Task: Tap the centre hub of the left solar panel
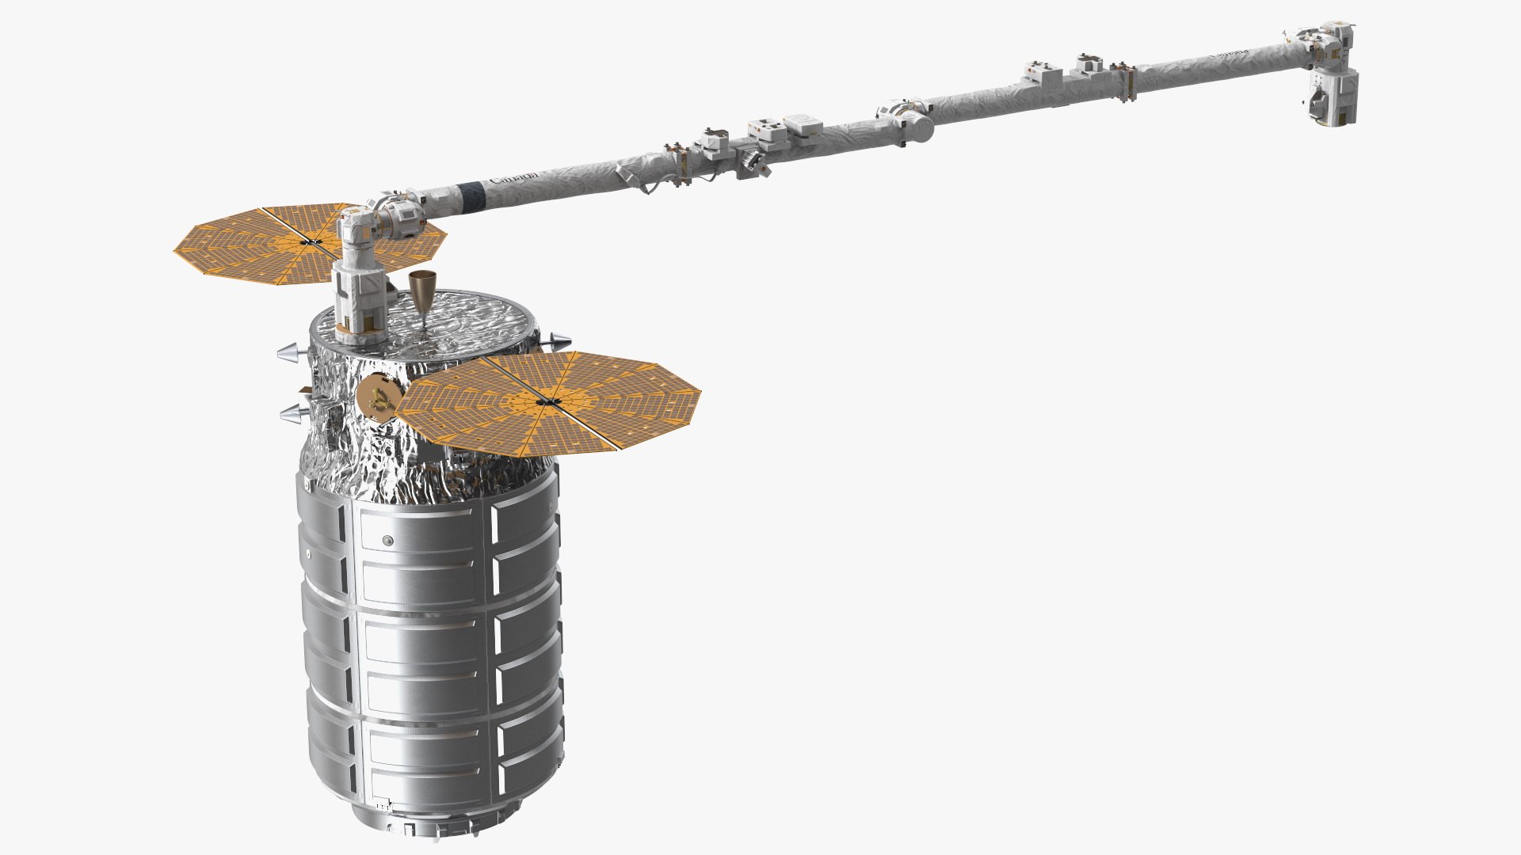click(x=311, y=240)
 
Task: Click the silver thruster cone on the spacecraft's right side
click(x=557, y=343)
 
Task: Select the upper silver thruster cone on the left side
click(x=289, y=351)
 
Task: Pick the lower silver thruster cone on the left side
click(x=292, y=412)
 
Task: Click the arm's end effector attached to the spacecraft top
click(x=360, y=301)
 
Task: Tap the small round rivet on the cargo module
click(x=387, y=541)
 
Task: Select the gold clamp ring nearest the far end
click(x=1123, y=82)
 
